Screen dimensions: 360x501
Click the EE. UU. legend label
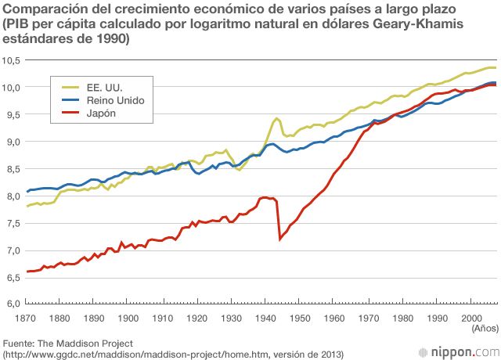(x=103, y=88)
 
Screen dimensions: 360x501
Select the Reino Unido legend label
(x=114, y=101)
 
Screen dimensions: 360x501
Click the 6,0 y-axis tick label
(x=13, y=303)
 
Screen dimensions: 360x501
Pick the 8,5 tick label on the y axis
(x=13, y=168)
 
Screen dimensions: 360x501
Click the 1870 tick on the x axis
(x=27, y=318)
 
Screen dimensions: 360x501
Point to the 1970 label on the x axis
(x=369, y=318)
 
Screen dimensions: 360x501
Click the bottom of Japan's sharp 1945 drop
(x=280, y=239)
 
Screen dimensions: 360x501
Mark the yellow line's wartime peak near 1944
(x=276, y=118)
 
